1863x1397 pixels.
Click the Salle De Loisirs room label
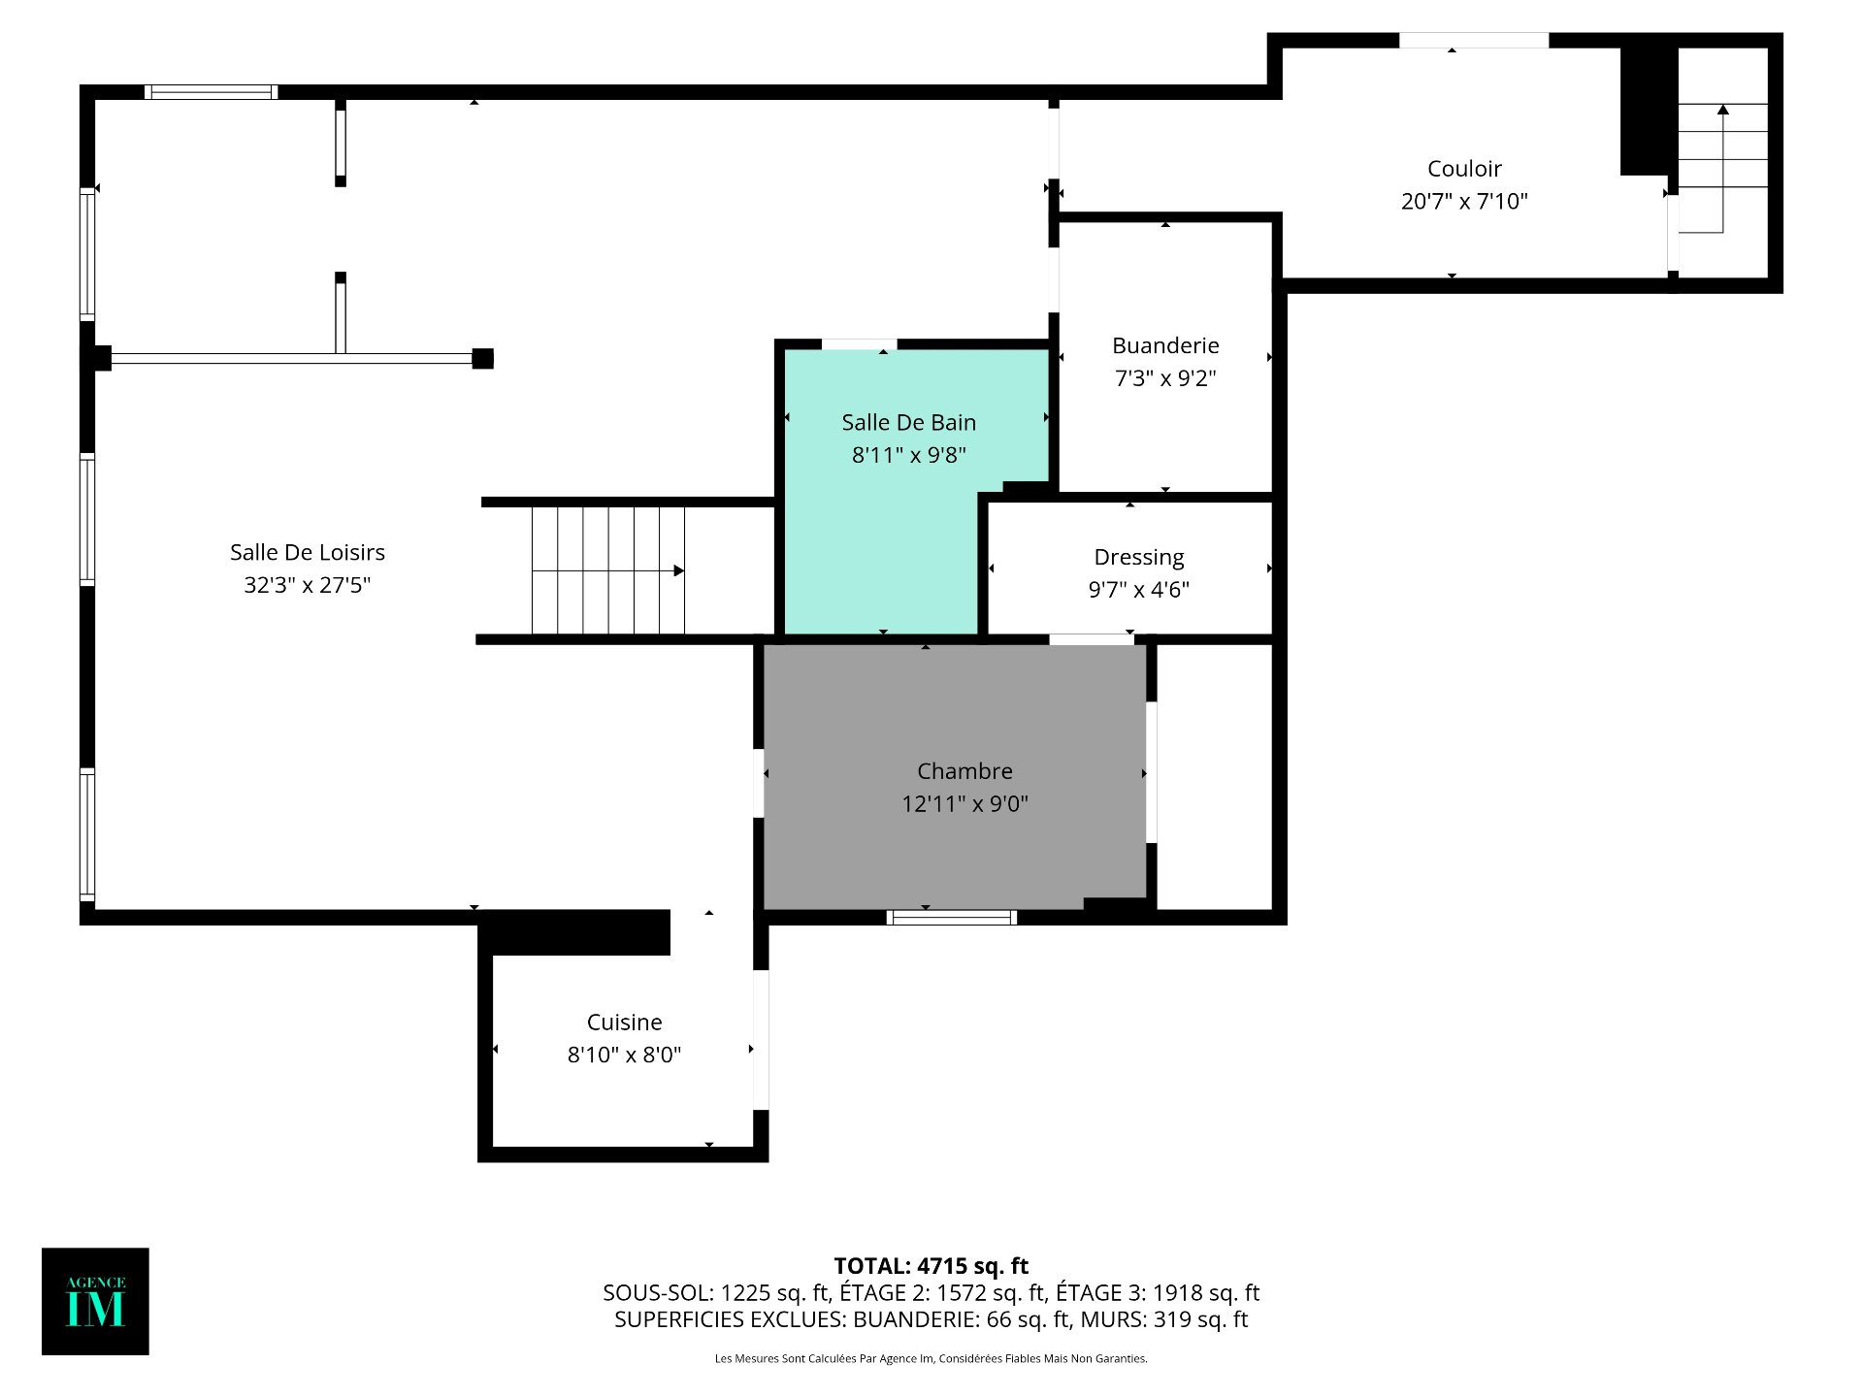(x=308, y=552)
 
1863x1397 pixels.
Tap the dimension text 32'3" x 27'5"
(x=308, y=585)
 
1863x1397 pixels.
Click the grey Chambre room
(x=955, y=777)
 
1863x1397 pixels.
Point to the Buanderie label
(x=1165, y=345)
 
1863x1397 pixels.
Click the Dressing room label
(x=1139, y=558)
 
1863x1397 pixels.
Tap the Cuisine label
(x=625, y=1023)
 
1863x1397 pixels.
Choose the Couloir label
(x=1464, y=169)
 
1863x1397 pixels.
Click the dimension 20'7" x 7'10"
(x=1464, y=201)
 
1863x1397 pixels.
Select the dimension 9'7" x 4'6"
(x=1139, y=590)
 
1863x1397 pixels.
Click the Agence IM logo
(x=95, y=1301)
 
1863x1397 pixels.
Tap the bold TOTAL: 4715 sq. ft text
(x=931, y=1266)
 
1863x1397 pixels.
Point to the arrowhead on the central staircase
(x=679, y=570)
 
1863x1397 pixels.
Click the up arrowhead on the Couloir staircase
(x=1723, y=110)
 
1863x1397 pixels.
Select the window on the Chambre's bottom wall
(x=952, y=918)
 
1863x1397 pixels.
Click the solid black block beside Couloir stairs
(x=1650, y=112)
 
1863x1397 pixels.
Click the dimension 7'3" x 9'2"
(x=1165, y=378)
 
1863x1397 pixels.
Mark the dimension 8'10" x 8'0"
(x=625, y=1055)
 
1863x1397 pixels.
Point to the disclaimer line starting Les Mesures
(x=931, y=1358)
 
